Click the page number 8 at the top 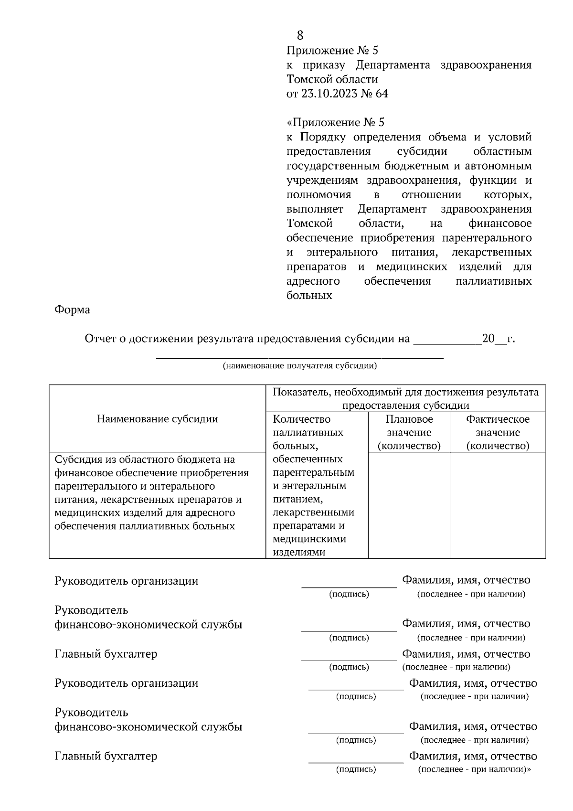[x=300, y=35]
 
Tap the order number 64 [x=382, y=94]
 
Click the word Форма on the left [x=72, y=309]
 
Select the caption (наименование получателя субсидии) [x=300, y=366]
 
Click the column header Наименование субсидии [x=157, y=419]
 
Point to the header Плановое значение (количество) [x=409, y=432]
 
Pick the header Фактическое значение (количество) [x=498, y=432]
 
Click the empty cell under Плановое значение [x=409, y=505]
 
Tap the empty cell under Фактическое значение [x=498, y=505]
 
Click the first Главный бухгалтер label [x=106, y=654]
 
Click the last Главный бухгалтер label [x=106, y=756]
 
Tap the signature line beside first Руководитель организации [x=349, y=586]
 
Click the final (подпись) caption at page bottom [x=356, y=769]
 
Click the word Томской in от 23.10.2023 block [x=309, y=79]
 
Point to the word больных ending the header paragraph [x=309, y=296]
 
